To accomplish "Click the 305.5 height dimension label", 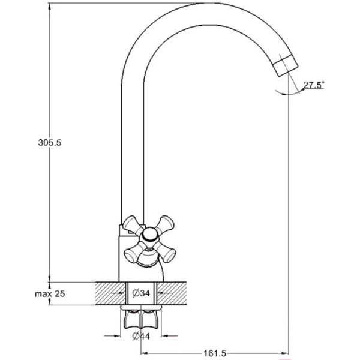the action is [x=50, y=143].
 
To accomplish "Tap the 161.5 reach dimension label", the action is [x=215, y=353].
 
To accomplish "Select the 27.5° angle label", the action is [x=314, y=85].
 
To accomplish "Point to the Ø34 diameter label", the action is [x=141, y=293].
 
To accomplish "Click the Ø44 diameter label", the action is [x=141, y=336].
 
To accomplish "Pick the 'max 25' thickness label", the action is [x=50, y=293].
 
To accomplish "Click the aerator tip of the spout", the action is [x=286, y=65].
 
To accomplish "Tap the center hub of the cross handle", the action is [x=149, y=234].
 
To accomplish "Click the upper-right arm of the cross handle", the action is [x=165, y=224].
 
